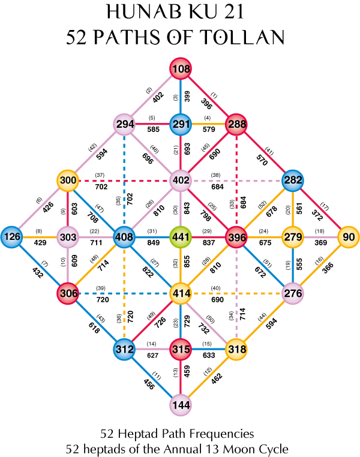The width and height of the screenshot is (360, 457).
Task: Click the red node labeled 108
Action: pos(181,69)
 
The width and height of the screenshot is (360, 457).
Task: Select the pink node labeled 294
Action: pos(124,125)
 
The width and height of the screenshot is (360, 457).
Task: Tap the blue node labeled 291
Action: pos(181,125)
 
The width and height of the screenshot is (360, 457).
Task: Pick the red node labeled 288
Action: pos(236,125)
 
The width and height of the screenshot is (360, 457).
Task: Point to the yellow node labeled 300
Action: pos(68,181)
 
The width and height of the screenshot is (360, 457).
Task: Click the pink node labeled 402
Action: pos(181,181)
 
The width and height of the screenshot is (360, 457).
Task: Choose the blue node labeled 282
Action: pos(293,181)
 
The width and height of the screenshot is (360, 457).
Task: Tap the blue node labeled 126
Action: pos(11,237)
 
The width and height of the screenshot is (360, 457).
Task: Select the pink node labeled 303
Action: pos(68,237)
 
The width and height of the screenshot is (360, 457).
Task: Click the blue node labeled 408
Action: pos(124,237)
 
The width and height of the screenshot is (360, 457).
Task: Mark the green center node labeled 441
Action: pos(181,237)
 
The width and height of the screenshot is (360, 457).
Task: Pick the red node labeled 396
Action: pos(236,237)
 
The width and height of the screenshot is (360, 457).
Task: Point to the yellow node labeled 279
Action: pos(293,237)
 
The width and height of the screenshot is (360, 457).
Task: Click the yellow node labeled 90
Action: pos(349,237)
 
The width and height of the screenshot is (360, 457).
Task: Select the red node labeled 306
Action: pos(68,293)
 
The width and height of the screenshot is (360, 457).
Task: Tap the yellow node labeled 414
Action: pos(181,293)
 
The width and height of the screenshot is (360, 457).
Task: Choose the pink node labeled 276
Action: pos(293,293)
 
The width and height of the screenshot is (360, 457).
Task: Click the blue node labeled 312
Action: pos(124,349)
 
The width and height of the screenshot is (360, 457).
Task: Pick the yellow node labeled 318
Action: pos(236,349)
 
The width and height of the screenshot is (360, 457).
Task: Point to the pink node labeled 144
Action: pos(181,405)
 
